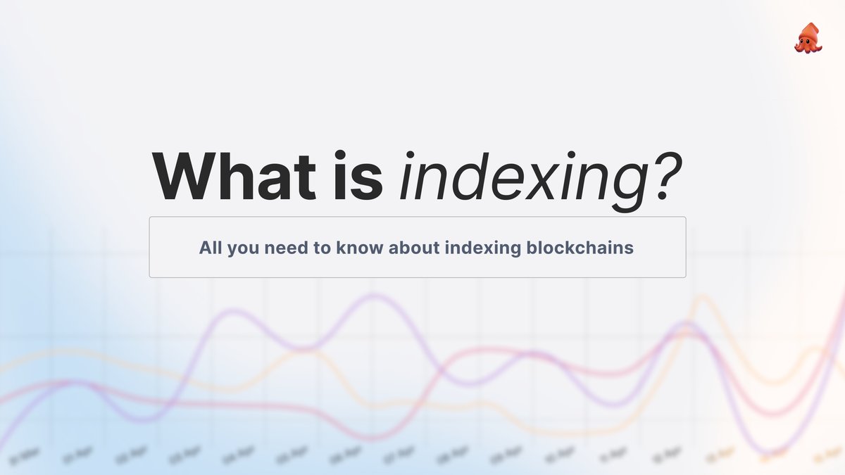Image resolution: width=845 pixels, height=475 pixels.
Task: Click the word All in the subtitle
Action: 209,248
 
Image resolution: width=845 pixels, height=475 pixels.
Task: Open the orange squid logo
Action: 808,37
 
